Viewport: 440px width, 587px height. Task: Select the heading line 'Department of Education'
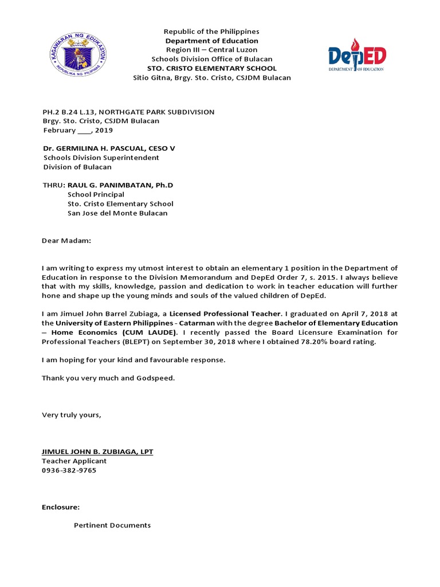pos(211,41)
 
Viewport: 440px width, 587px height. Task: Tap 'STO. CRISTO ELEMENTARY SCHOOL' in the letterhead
pos(211,68)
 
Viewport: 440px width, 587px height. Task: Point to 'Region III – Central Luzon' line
pos(211,50)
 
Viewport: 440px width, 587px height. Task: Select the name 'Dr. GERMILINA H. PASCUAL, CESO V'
pos(108,148)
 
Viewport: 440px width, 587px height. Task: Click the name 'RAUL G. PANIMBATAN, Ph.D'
pos(120,185)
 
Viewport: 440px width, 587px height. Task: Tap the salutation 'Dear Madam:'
pos(66,241)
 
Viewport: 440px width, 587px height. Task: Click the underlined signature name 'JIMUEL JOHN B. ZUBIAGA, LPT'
pos(97,452)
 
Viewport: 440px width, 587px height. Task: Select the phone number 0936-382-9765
pos(69,470)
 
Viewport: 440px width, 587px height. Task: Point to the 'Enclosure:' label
pos(60,507)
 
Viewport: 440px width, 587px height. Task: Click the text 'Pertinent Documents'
pos(112,525)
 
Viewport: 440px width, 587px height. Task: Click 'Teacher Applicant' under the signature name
pos(74,461)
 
